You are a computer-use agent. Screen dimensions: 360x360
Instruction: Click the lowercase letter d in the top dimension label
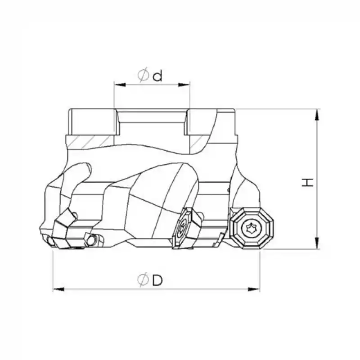tap(157, 76)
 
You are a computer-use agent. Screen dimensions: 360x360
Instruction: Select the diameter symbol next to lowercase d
tap(143, 76)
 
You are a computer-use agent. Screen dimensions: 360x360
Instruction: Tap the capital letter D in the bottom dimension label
tap(157, 280)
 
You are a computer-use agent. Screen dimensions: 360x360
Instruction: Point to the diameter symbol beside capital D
tap(143, 280)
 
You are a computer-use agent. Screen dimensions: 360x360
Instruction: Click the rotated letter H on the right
tap(307, 182)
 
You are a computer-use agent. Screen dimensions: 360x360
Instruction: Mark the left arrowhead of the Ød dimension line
tap(117, 84)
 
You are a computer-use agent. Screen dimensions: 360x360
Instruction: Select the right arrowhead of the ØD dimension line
tap(256, 289)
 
